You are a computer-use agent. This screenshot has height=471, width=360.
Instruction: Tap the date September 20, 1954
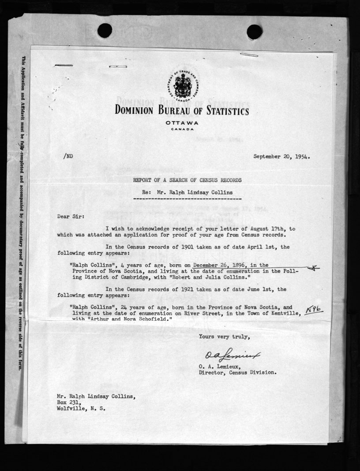[281, 156]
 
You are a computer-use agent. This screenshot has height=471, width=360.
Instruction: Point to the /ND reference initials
[68, 156]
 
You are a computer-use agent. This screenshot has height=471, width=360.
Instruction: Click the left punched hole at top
[105, 31]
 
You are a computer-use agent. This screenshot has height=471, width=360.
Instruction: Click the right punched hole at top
[255, 32]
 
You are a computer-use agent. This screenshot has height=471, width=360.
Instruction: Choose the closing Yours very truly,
[224, 337]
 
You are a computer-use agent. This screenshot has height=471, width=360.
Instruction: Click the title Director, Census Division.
[238, 372]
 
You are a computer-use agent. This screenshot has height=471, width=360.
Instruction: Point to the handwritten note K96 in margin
[314, 310]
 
